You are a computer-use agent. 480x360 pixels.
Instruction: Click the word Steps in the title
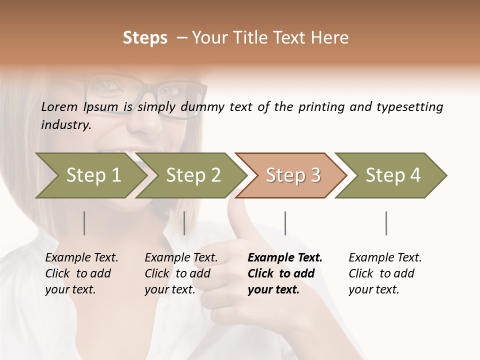click(145, 38)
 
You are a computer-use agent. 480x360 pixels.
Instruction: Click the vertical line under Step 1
click(84, 223)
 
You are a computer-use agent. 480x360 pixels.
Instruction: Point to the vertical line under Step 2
click(184, 223)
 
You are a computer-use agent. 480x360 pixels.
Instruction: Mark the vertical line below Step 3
click(285, 223)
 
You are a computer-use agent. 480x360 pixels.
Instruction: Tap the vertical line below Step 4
click(386, 223)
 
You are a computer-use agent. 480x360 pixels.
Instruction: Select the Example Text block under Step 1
click(81, 273)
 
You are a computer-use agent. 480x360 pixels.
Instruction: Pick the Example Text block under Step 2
click(181, 273)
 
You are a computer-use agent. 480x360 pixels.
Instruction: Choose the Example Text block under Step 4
click(385, 273)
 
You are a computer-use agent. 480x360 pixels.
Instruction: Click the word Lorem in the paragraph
click(59, 106)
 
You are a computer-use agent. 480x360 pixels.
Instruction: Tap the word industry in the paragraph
click(66, 124)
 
